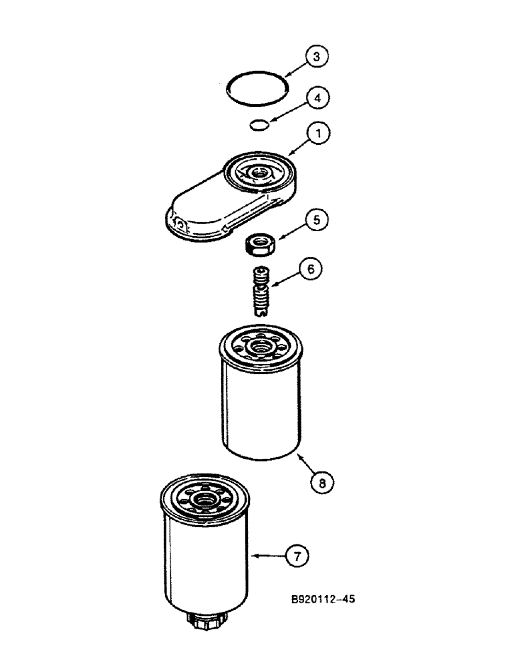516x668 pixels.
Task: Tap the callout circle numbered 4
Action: pos(317,98)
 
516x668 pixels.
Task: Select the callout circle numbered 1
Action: pos(319,134)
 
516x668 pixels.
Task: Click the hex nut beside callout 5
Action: pos(257,245)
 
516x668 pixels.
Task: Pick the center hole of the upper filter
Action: pos(261,345)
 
